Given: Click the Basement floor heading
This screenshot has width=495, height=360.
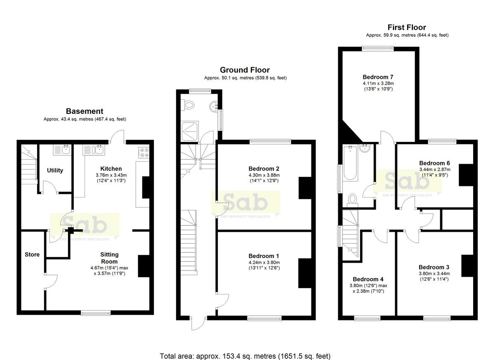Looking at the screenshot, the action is pyautogui.click(x=85, y=111).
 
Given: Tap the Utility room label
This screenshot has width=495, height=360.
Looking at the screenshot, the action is pyautogui.click(x=55, y=170).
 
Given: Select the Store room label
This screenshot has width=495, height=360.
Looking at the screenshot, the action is pyautogui.click(x=32, y=254).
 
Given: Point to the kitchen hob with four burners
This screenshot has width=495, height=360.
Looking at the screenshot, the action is pyautogui.click(x=144, y=153).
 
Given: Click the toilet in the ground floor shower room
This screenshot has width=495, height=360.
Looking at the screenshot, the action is pyautogui.click(x=187, y=105).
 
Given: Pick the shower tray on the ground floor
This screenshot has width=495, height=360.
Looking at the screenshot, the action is pyautogui.click(x=190, y=131).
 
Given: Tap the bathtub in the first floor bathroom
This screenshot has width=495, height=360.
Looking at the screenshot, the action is pyautogui.click(x=350, y=163).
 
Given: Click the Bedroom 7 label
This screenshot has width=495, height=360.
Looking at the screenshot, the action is pyautogui.click(x=378, y=77).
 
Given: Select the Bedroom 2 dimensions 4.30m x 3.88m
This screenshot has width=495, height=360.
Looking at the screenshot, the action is pyautogui.click(x=264, y=175).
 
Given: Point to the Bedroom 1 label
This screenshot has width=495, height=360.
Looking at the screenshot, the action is pyautogui.click(x=264, y=256).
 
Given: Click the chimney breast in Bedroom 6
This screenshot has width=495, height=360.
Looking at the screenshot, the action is pyautogui.click(x=466, y=175).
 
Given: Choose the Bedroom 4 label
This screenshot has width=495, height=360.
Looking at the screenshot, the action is pyautogui.click(x=368, y=279).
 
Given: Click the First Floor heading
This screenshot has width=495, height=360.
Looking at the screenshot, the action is pyautogui.click(x=407, y=27).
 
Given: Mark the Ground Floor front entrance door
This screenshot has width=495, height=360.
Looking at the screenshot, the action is pyautogui.click(x=198, y=324).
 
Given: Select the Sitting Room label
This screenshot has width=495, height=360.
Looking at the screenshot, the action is pyautogui.click(x=109, y=258).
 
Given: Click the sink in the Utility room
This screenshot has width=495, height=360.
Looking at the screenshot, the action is pyautogui.click(x=62, y=150).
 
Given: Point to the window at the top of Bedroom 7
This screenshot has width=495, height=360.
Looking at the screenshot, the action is pyautogui.click(x=378, y=48).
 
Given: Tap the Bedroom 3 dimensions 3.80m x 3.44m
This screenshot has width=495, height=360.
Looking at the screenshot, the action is pyautogui.click(x=434, y=273).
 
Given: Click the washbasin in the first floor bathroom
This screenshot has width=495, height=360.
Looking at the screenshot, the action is pyautogui.click(x=365, y=148).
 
